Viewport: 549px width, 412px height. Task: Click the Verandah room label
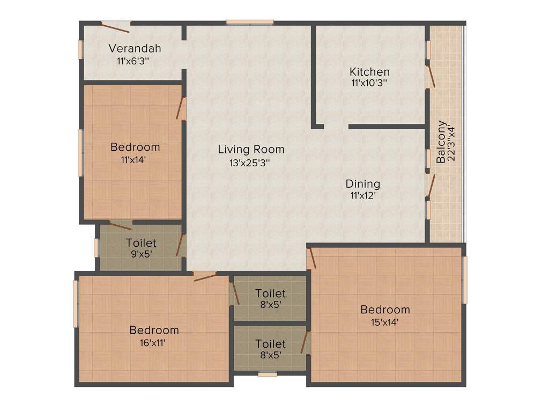tap(135, 49)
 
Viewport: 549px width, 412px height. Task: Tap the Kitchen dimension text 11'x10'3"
tap(369, 83)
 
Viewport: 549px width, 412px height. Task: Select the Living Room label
tap(251, 149)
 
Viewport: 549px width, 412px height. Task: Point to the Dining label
tap(362, 184)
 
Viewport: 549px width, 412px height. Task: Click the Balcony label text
tap(441, 142)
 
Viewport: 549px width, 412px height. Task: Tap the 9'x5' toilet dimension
tap(141, 254)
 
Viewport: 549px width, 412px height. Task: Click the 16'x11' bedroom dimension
tap(154, 342)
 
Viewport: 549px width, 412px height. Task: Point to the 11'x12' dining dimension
tap(362, 195)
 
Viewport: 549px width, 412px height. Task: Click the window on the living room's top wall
tap(250, 23)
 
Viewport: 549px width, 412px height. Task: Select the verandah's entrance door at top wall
tap(116, 24)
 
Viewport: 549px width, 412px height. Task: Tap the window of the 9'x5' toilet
tap(97, 247)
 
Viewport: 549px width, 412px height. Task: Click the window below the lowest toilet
tap(267, 374)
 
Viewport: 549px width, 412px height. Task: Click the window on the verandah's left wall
tap(81, 49)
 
